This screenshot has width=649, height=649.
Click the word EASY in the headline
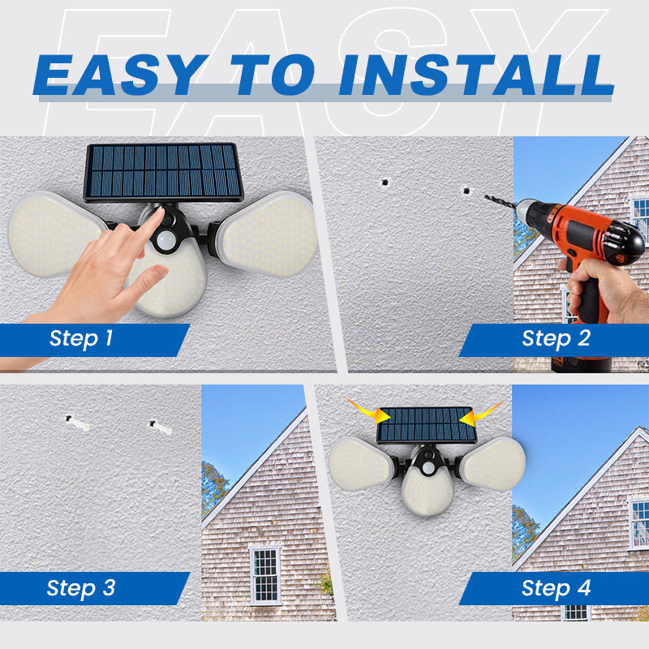click(118, 75)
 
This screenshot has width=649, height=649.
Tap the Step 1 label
click(81, 338)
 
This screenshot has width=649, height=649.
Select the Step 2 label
click(556, 338)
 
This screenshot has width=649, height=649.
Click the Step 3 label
click(81, 587)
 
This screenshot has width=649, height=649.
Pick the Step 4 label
click(556, 587)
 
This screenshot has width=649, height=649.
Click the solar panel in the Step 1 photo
click(164, 172)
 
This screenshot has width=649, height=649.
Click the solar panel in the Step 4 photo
click(426, 424)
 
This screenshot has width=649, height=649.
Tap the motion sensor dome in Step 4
click(428, 468)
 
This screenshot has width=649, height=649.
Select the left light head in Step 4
click(362, 463)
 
